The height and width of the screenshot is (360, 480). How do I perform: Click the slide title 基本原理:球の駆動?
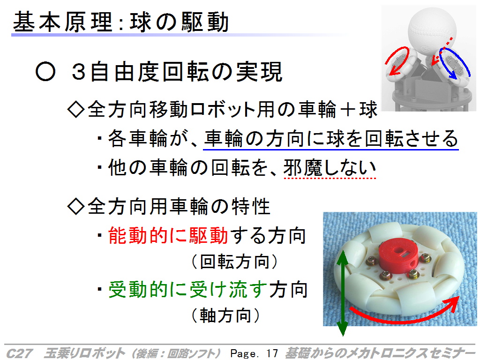(121, 22)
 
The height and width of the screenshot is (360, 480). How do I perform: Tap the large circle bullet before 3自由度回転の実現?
(45, 71)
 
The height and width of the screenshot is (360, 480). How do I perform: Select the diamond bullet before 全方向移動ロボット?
(76, 109)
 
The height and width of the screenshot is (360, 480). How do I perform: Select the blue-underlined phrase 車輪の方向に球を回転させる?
(331, 139)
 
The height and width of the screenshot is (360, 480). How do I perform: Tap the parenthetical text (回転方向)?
(235, 262)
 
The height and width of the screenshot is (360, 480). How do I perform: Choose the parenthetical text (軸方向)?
(225, 315)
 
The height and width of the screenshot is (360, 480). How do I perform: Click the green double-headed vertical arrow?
(343, 293)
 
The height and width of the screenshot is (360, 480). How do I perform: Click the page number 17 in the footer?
(272, 353)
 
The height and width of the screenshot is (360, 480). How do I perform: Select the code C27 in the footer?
(19, 353)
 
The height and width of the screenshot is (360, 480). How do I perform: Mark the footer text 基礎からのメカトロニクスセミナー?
(380, 353)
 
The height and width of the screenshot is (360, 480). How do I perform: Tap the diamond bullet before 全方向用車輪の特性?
(76, 206)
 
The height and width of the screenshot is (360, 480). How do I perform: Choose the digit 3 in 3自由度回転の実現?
(78, 72)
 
